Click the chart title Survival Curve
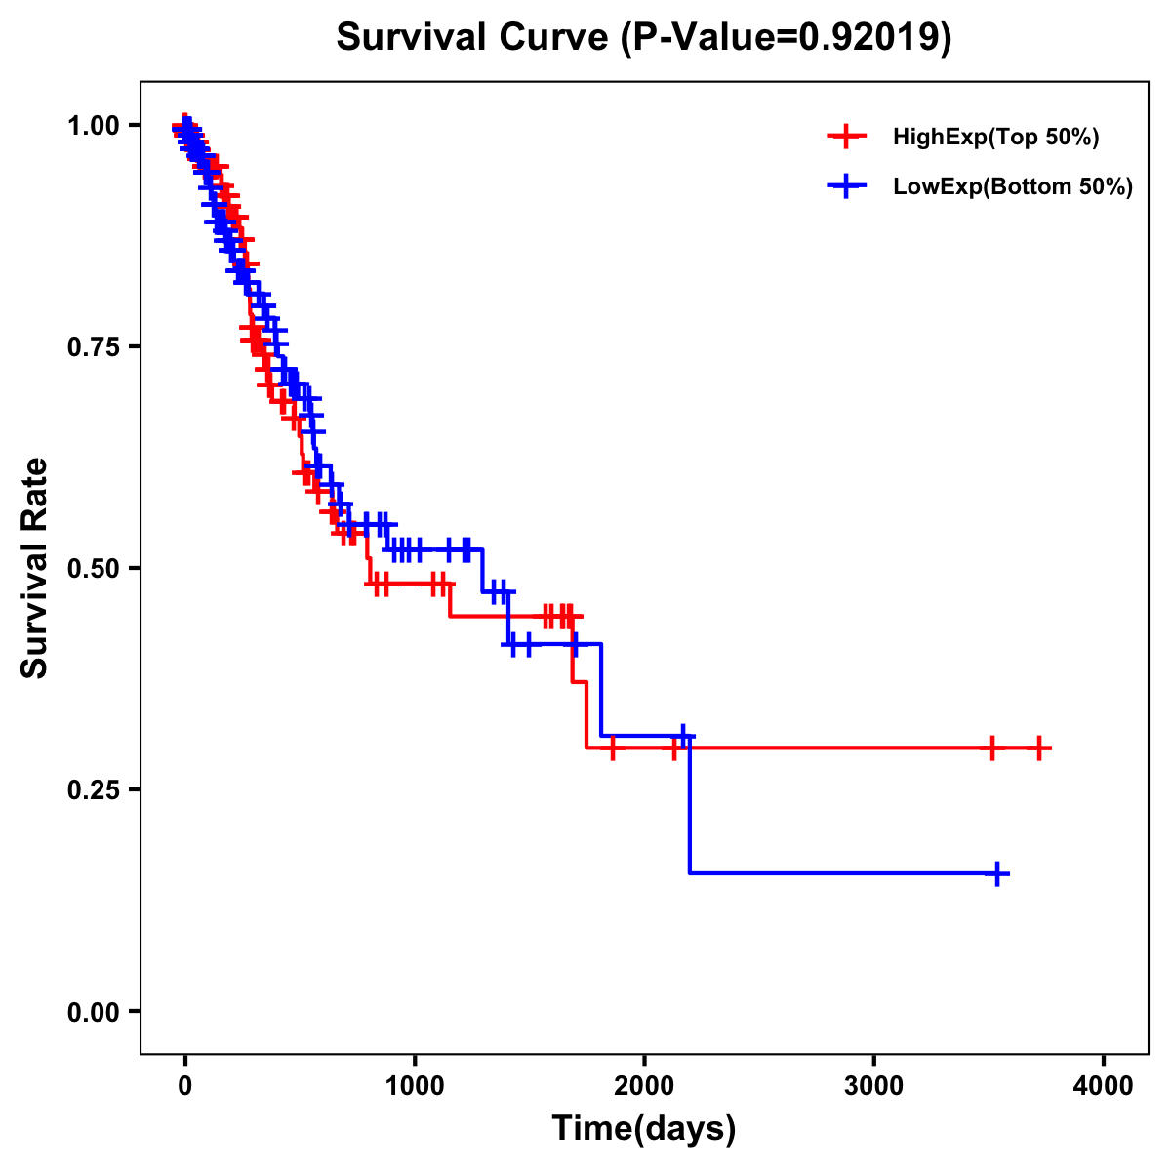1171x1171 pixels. coord(474,38)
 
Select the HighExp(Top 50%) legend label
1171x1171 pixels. coord(995,138)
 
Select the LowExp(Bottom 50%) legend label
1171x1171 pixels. coord(1013,187)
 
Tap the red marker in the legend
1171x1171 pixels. coord(846,137)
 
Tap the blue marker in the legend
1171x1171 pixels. coord(846,186)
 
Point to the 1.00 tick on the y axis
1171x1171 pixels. coord(94,126)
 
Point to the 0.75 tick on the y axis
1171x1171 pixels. coord(94,347)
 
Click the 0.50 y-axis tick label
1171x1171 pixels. coord(94,569)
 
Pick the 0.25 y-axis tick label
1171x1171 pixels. coord(94,790)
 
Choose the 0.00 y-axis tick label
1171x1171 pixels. coord(94,1012)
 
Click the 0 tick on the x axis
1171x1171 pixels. coord(184,1085)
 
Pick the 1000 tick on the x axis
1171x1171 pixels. coord(415,1085)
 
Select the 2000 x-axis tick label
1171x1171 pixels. coord(644,1085)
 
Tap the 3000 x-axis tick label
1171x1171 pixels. coord(873,1085)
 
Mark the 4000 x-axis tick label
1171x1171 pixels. coord(1104,1085)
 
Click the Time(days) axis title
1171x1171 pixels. coord(644,1129)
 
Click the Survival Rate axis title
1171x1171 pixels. coord(35,568)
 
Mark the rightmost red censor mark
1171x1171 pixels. coord(1039,748)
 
